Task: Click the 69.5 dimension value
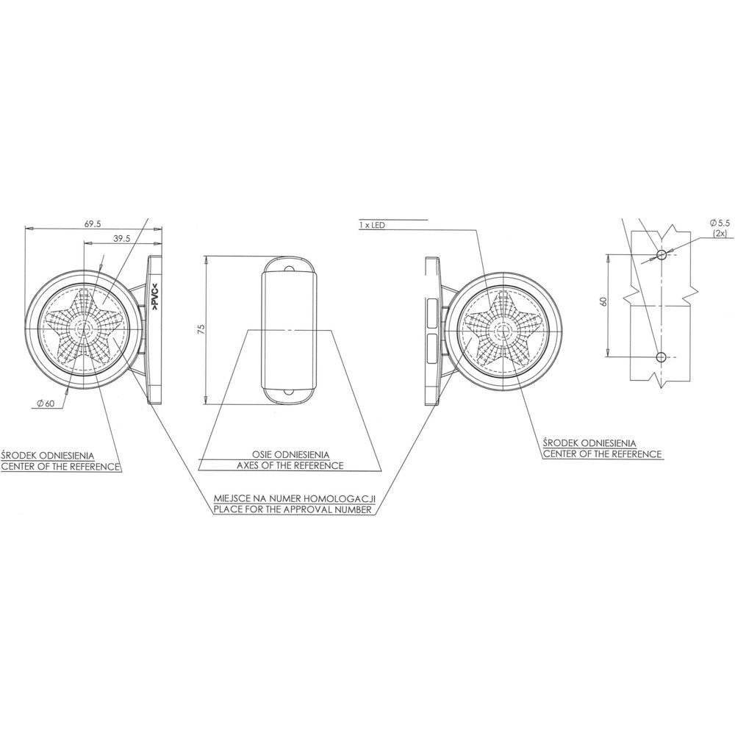coord(93,223)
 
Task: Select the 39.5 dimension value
coord(122,238)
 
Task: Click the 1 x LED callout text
coord(373,224)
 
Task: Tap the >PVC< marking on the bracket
coord(155,302)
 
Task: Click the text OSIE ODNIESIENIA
coord(290,454)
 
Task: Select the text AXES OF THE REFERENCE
coord(290,466)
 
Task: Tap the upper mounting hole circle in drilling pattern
coord(661,254)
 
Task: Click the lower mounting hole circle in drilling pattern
coord(661,357)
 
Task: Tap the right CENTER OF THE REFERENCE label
coord(601,454)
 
